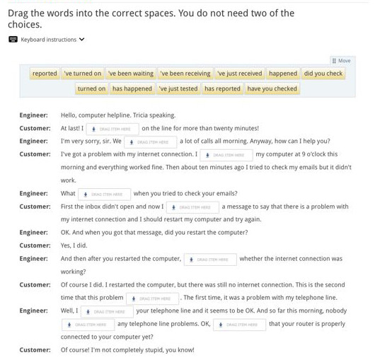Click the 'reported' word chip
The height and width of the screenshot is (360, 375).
(45, 74)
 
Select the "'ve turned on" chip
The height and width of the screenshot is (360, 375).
(83, 74)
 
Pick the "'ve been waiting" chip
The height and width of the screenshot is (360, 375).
(131, 74)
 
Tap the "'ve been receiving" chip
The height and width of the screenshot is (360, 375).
(185, 74)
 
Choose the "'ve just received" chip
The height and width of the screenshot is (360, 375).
(240, 74)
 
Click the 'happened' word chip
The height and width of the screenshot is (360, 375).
(283, 74)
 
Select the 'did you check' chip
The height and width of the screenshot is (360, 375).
(323, 74)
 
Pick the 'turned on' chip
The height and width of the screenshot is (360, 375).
(91, 89)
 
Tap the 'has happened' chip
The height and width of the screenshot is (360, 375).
(132, 89)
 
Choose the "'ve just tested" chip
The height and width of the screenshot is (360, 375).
(178, 89)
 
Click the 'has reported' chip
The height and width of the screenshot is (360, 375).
(222, 89)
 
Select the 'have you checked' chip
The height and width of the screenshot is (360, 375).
(272, 89)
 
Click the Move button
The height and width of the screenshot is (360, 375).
(342, 61)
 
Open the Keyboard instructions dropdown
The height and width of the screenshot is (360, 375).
(47, 40)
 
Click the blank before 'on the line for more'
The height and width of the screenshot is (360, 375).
(112, 129)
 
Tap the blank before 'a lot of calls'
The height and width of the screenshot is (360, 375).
(150, 142)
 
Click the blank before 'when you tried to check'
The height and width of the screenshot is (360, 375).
(104, 194)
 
